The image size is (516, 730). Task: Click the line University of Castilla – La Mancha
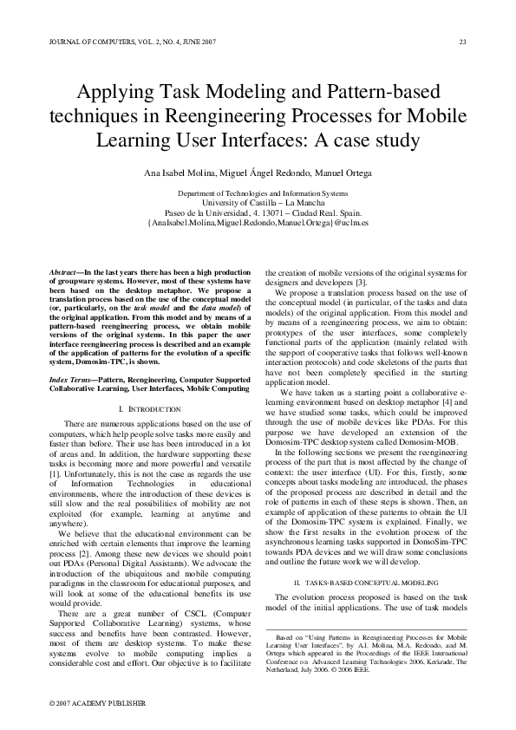pos(257,202)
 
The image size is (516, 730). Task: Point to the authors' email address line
pos(258,222)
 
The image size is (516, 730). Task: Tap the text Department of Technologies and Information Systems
pos(257,192)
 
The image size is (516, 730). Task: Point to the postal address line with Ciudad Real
pos(257,212)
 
